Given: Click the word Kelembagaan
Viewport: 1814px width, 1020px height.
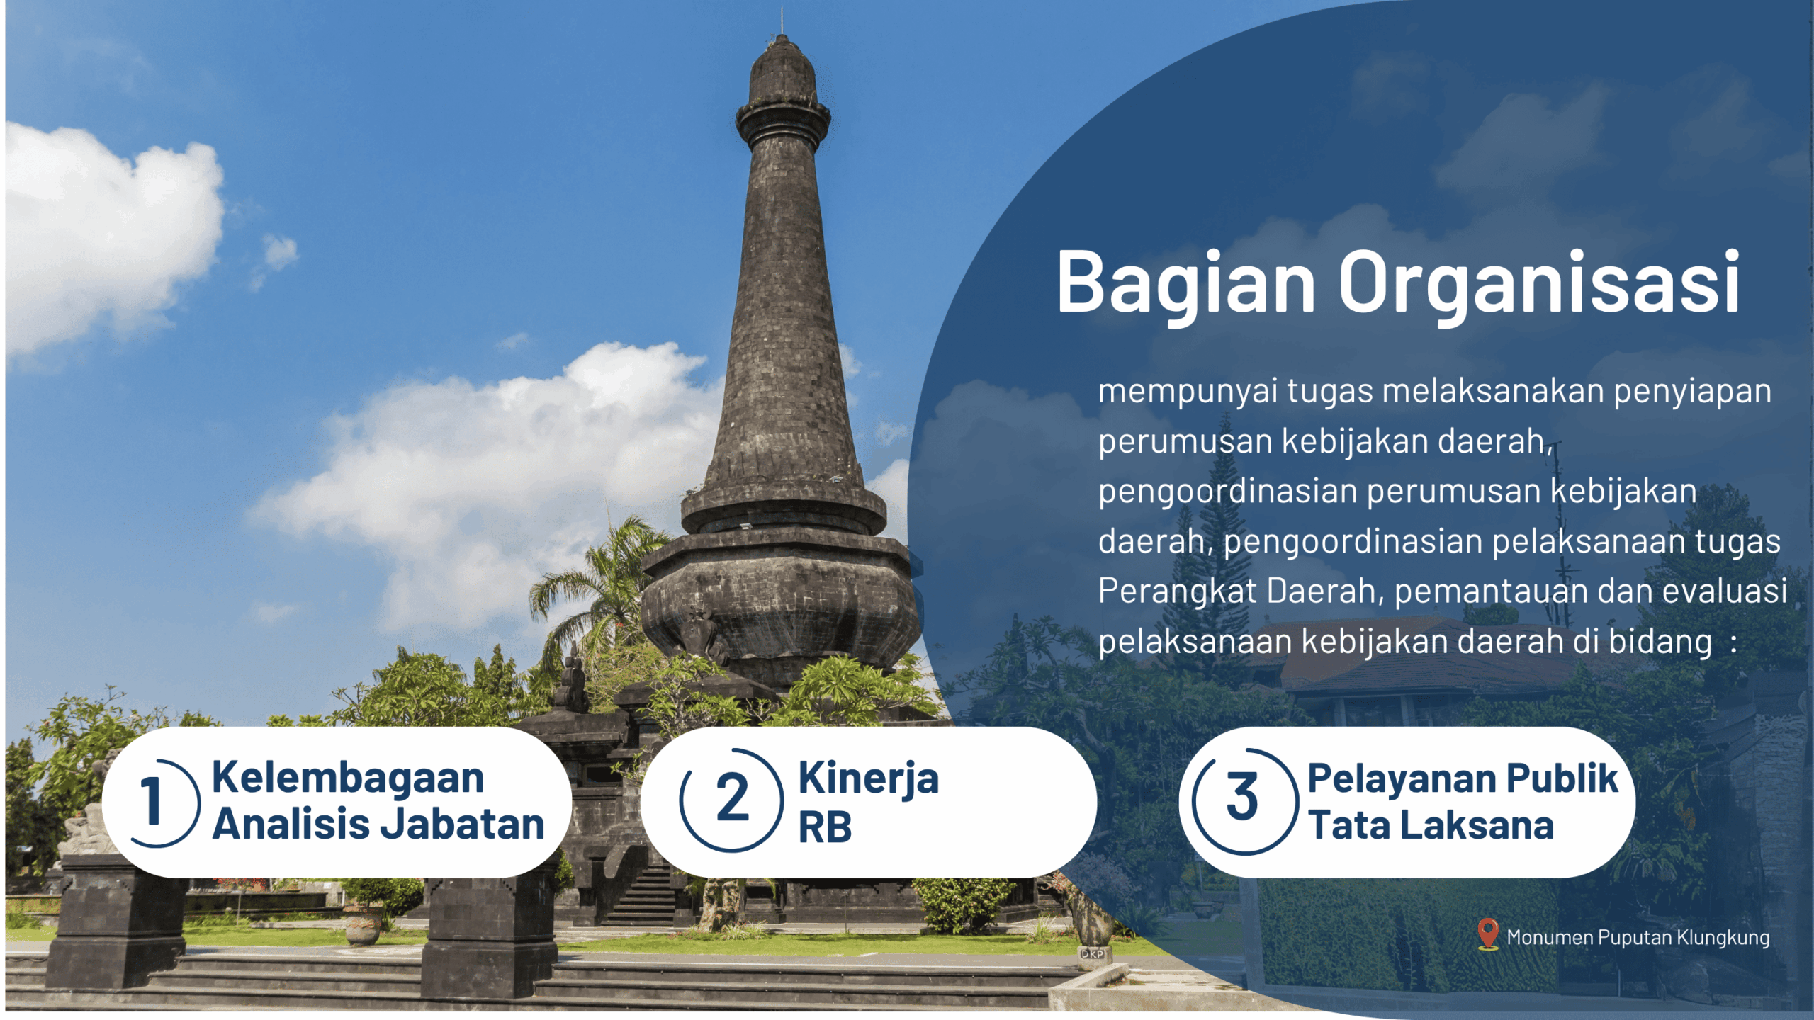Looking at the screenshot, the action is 348,777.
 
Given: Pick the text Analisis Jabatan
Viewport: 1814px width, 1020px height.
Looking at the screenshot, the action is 378,824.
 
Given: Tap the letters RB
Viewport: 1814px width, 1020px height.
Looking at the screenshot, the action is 825,827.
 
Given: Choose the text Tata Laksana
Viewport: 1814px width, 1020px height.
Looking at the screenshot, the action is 1431,824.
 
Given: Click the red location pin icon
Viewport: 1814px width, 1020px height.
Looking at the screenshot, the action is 1487,934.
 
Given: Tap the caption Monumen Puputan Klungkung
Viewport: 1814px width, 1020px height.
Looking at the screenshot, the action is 1638,938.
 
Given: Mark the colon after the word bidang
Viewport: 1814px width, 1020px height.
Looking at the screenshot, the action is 1733,643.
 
